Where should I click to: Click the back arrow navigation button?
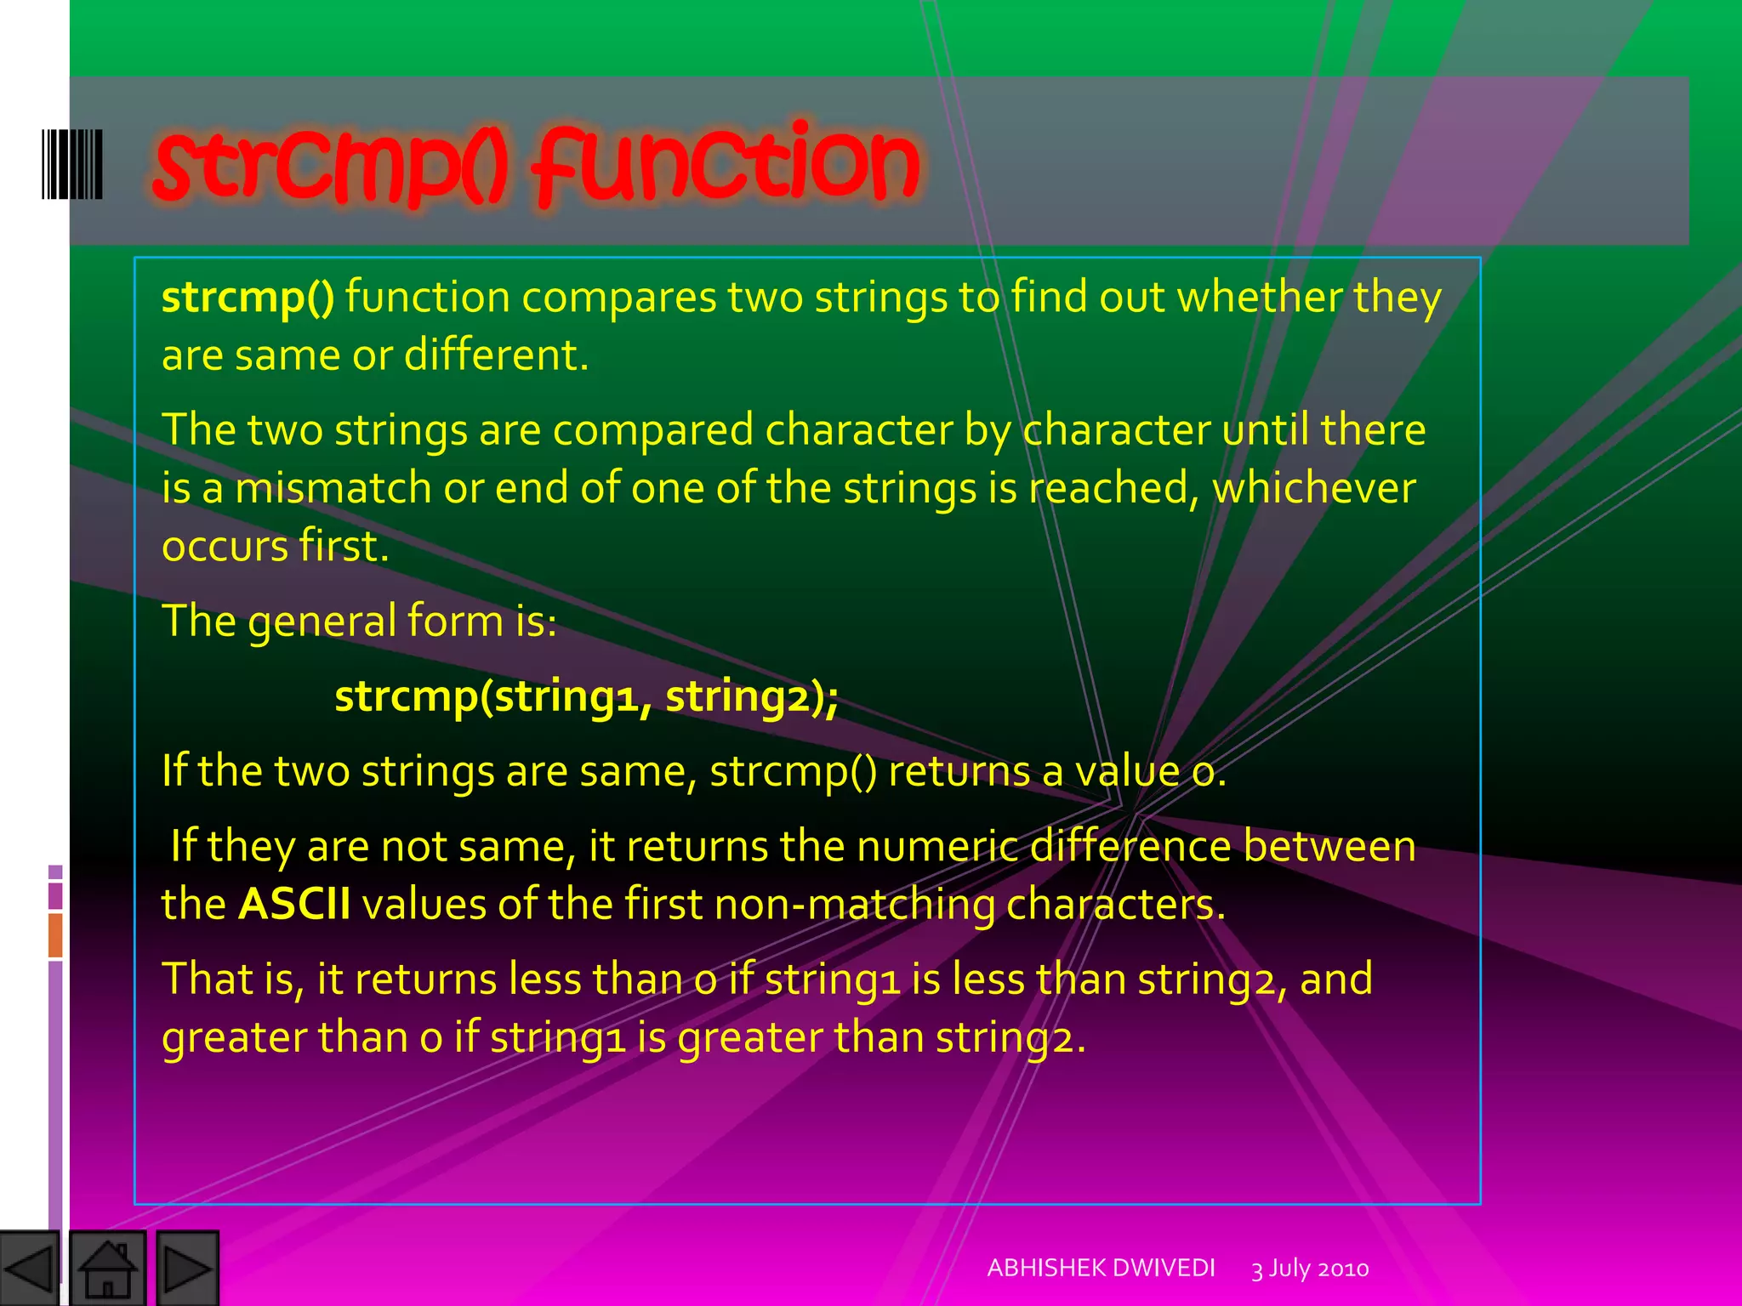coord(30,1269)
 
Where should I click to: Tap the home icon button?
coord(107,1269)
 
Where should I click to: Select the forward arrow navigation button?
coord(188,1269)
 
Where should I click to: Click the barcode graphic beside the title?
coord(72,164)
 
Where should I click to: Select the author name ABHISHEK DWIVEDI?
coord(1101,1268)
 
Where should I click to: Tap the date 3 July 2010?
coord(1310,1269)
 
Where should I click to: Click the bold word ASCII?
coord(294,903)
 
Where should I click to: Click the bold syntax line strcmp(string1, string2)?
coord(587,696)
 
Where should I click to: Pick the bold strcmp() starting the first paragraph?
coord(248,298)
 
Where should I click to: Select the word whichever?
coord(1313,488)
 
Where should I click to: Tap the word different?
coord(496,355)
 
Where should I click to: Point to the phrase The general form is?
coord(359,621)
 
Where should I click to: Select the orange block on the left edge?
coord(55,934)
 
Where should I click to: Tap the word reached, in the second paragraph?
coord(1113,488)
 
